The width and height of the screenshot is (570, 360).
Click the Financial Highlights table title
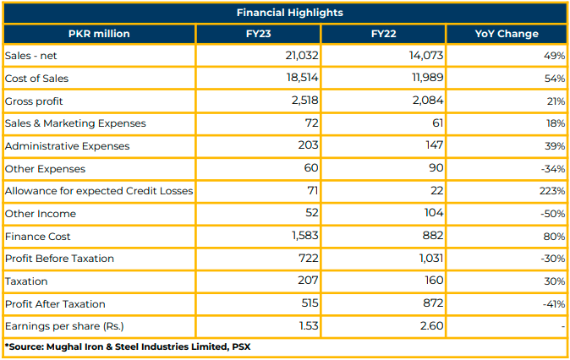[290, 13]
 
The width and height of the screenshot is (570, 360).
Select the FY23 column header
[258, 34]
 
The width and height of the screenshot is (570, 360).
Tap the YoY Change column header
[507, 34]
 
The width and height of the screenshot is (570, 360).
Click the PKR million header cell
[99, 34]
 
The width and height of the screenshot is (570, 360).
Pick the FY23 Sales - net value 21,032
[302, 55]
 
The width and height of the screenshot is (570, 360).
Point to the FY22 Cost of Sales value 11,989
[427, 78]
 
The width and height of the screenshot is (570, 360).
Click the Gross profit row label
[34, 101]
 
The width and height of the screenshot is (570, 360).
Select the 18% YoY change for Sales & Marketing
[556, 123]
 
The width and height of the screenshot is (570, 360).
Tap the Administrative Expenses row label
[68, 146]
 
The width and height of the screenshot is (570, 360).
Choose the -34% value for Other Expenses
[553, 169]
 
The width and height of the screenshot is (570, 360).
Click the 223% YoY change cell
[552, 191]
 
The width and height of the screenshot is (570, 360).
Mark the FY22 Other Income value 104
[434, 212]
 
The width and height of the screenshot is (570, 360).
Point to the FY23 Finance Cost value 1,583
[305, 236]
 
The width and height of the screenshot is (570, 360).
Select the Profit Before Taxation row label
[59, 259]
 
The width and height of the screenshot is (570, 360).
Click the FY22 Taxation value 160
[433, 280]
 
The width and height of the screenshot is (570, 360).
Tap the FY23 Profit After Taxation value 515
[310, 303]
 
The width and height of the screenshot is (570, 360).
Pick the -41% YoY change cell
[554, 304]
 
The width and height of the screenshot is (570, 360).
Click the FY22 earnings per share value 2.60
[431, 325]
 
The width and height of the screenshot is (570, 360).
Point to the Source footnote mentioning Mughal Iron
[128, 347]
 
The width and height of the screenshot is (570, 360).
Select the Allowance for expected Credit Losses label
[99, 191]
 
